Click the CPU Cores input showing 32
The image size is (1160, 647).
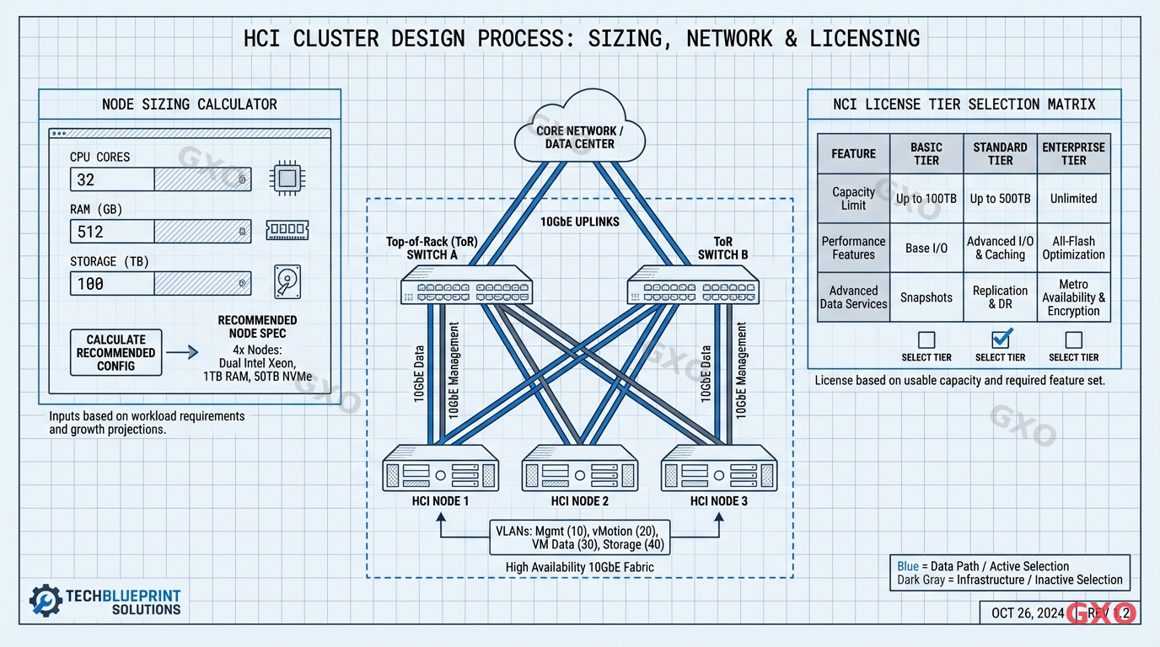[x=160, y=179]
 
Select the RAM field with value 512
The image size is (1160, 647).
[x=160, y=232]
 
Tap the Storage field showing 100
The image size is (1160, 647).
[x=160, y=284]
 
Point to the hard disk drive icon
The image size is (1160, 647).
[x=287, y=281]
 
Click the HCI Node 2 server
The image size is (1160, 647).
[x=579, y=468]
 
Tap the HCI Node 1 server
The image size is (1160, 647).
[x=440, y=468]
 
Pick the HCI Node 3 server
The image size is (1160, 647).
[x=718, y=468]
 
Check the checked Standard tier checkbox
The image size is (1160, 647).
[x=1000, y=340]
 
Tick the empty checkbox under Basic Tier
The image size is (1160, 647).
[x=926, y=340]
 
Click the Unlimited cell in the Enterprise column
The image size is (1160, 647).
[x=1073, y=199]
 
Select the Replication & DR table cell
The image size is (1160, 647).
[x=1000, y=297]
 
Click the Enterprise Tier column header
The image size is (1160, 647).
[x=1073, y=153]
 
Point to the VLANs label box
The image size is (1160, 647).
[x=579, y=537]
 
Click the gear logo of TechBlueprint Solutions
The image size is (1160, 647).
[x=46, y=600]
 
